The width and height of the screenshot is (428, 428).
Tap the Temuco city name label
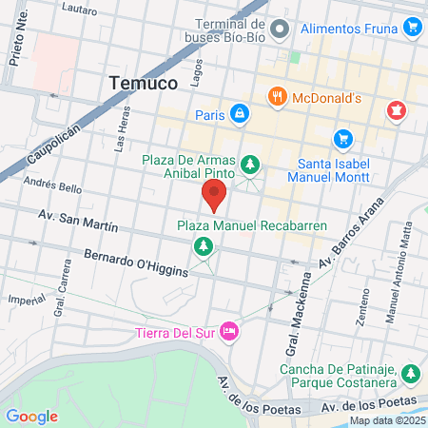tap(143, 83)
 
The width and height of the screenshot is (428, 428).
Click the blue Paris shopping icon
tap(240, 114)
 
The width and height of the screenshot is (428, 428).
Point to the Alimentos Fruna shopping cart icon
tap(412, 28)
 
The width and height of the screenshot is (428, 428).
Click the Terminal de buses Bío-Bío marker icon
tap(279, 30)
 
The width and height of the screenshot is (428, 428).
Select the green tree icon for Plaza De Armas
tap(250, 165)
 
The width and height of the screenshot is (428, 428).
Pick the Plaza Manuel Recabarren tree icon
tap(203, 247)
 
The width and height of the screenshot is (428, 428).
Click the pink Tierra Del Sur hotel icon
tap(228, 330)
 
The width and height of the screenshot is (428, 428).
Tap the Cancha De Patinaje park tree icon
tap(410, 371)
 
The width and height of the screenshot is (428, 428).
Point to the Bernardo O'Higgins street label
tap(136, 263)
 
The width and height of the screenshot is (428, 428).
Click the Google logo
tap(31, 416)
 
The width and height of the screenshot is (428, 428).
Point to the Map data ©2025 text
tap(386, 420)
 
